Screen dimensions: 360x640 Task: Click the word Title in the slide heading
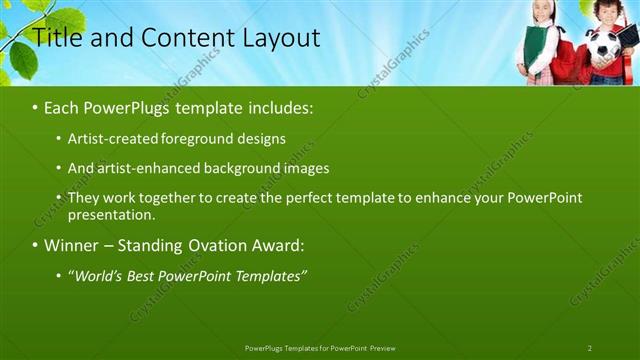pos(58,39)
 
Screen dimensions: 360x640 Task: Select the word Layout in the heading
pos(281,39)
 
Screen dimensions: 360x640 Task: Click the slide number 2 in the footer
pos(590,348)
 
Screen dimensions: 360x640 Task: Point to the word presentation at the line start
pos(111,214)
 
